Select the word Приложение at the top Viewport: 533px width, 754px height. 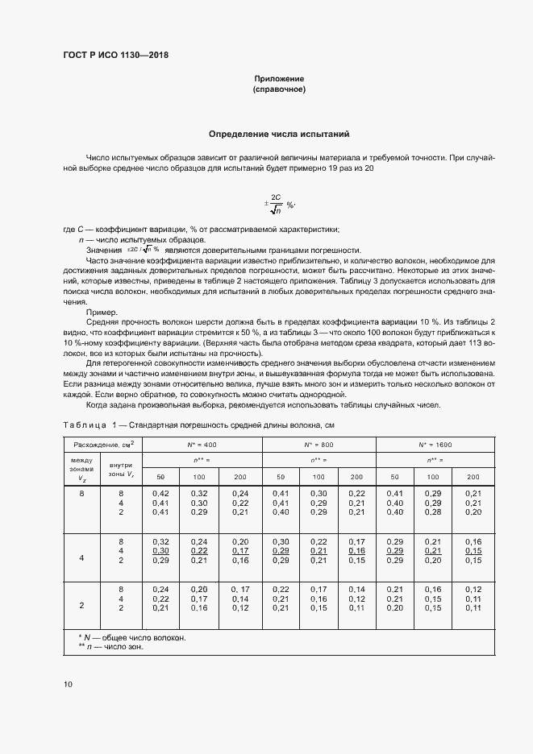click(x=279, y=79)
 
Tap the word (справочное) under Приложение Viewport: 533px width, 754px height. click(x=279, y=89)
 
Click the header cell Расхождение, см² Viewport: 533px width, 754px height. click(x=103, y=444)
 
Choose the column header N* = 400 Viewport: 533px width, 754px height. click(x=202, y=444)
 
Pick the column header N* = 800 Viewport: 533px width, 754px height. click(x=319, y=444)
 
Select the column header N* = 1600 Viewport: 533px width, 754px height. click(x=435, y=444)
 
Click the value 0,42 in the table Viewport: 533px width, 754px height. click(x=160, y=493)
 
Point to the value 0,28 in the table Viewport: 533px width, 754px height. click(x=434, y=512)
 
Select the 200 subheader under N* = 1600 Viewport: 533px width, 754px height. click(x=473, y=477)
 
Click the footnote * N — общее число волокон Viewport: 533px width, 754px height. click(x=131, y=638)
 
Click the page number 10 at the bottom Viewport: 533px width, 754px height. click(x=69, y=684)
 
